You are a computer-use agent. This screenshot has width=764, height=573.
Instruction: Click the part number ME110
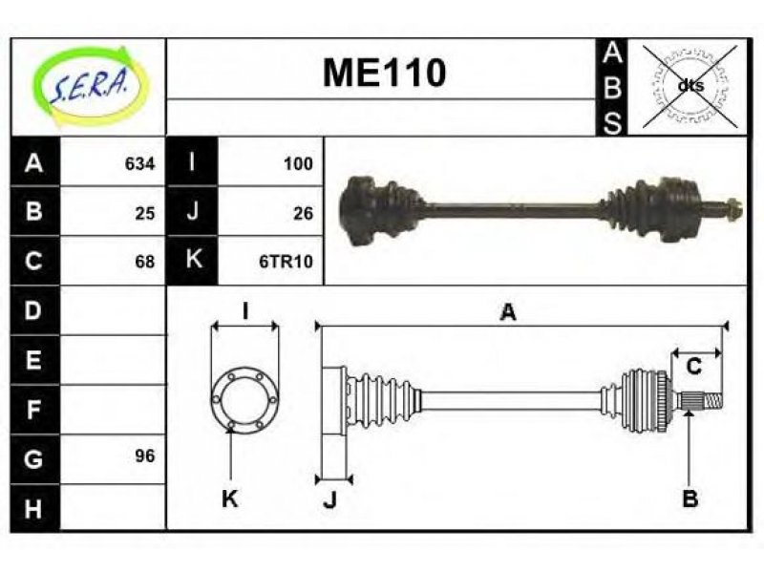[x=385, y=74]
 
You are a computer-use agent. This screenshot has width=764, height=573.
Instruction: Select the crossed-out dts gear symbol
[x=690, y=86]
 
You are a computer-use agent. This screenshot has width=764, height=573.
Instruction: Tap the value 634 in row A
[x=139, y=163]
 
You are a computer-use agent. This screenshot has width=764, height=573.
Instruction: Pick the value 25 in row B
[x=145, y=213]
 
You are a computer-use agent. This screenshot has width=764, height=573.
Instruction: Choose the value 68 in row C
[x=145, y=262]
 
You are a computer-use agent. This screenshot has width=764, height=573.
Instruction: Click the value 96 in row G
[x=145, y=456]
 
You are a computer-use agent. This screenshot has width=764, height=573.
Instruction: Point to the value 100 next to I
[x=298, y=163]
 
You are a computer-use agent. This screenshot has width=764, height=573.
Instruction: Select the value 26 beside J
[x=303, y=213]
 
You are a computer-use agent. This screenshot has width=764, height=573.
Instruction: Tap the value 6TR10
[x=286, y=262]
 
